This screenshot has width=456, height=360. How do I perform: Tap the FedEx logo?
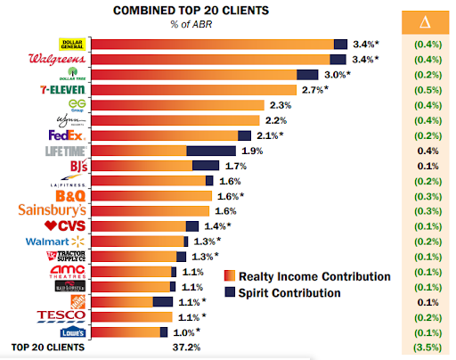click(x=67, y=135)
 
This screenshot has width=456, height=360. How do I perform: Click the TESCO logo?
click(x=61, y=316)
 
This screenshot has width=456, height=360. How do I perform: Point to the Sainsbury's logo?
click(x=53, y=210)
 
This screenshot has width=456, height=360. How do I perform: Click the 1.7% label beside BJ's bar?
click(x=235, y=166)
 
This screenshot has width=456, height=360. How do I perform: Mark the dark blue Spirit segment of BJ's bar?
click(x=206, y=166)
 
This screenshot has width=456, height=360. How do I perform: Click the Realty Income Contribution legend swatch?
click(x=229, y=276)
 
